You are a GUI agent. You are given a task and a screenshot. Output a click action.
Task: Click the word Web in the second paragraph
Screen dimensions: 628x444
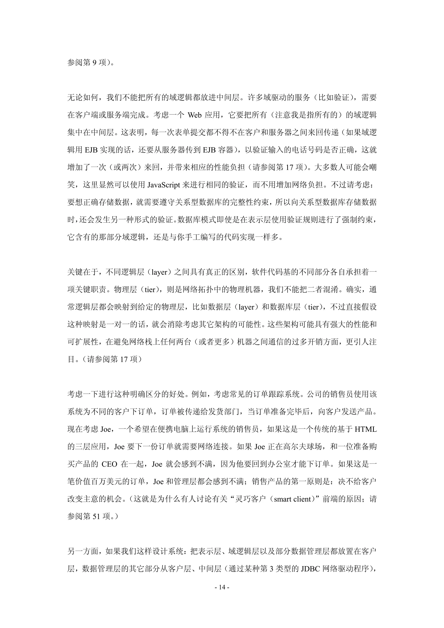point(194,115)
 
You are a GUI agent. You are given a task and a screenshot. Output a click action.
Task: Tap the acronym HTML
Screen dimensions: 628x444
point(366,429)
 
